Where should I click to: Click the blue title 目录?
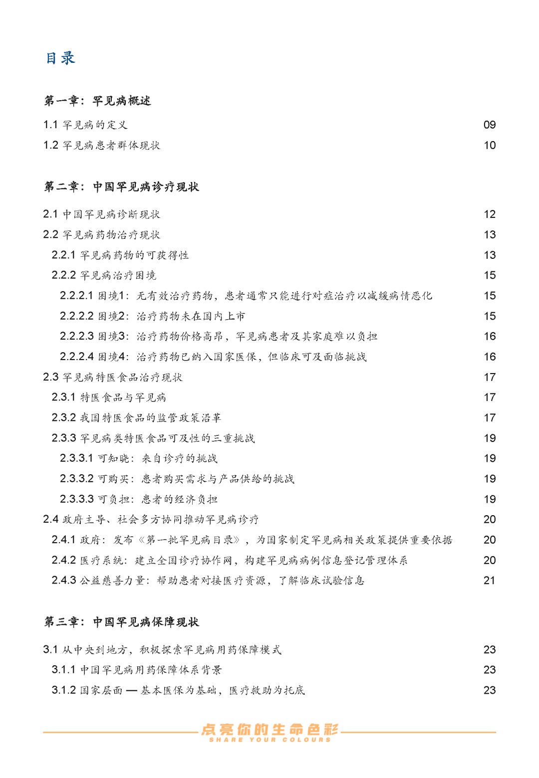tap(60, 58)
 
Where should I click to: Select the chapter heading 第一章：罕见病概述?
tap(97, 101)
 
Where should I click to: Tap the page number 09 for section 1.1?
tap(489, 125)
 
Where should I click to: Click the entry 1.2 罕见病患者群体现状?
tap(101, 145)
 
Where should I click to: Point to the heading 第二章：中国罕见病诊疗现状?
tap(121, 187)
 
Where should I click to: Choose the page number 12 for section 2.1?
tap(489, 214)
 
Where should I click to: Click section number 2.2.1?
tap(63, 255)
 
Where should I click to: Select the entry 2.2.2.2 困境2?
tap(152, 316)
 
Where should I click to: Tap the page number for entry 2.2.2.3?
tap(489, 337)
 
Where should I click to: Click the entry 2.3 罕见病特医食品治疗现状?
tap(112, 377)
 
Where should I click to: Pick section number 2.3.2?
tap(63, 418)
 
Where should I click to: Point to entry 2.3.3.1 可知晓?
tap(138, 458)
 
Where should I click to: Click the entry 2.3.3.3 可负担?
tap(138, 499)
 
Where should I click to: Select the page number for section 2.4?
tap(489, 520)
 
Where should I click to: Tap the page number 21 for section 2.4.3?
tap(489, 581)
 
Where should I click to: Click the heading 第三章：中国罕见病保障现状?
tap(121, 622)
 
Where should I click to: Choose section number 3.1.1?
tap(63, 670)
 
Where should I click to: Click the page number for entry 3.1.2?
tap(489, 690)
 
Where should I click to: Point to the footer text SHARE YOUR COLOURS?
tap(269, 740)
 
